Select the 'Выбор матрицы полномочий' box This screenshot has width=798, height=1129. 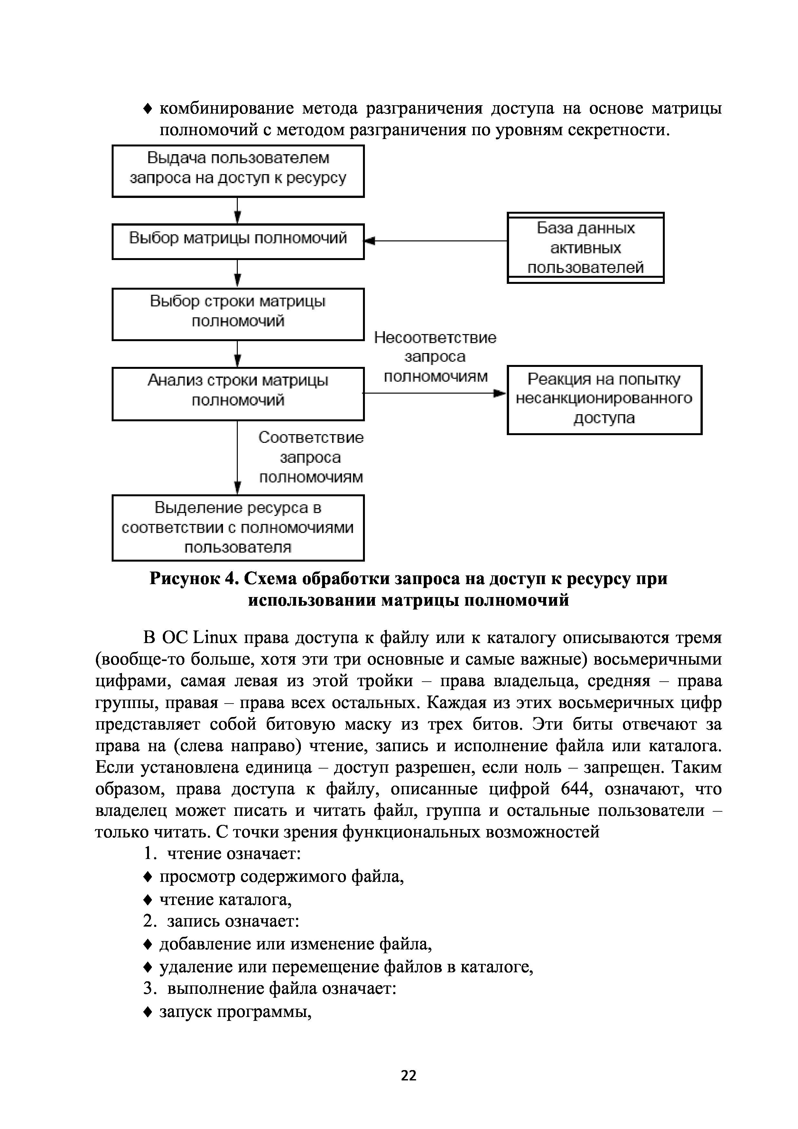pos(238,241)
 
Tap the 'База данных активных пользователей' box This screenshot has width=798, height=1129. pos(585,248)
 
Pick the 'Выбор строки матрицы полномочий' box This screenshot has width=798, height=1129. pos(238,314)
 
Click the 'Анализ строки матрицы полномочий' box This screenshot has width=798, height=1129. pos(238,393)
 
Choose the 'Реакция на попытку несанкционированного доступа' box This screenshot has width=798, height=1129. pos(604,399)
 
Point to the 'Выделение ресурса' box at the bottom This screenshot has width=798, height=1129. pos(238,527)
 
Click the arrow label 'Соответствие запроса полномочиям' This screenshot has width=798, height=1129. pos(311,457)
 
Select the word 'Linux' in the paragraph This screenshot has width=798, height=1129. pos(215,638)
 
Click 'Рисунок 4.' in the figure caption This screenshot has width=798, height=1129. pos(194,579)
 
